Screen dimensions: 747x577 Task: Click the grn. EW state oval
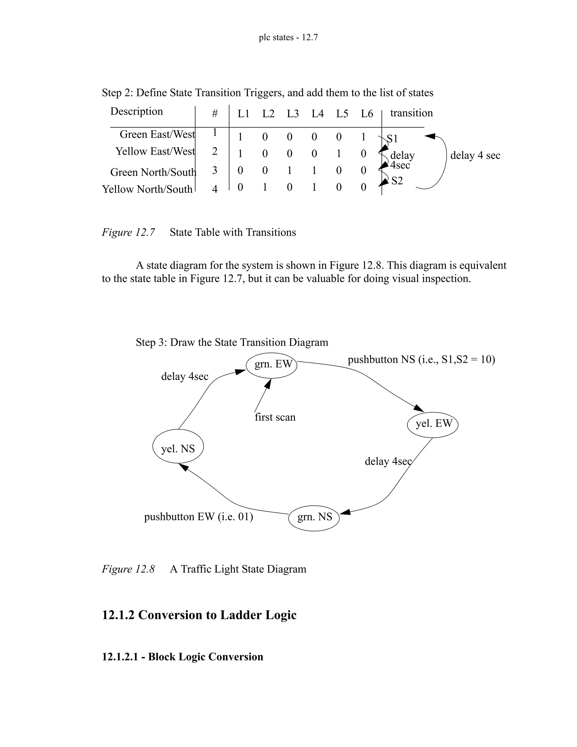272,365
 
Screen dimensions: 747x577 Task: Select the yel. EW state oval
433,425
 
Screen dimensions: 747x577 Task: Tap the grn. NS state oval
314,518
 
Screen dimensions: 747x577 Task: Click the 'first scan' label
275,417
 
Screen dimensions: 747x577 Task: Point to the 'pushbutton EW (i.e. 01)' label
199,516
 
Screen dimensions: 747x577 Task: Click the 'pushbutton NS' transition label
421,359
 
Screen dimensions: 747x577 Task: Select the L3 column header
293,114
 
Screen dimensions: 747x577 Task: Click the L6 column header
367,114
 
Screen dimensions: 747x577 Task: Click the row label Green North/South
153,172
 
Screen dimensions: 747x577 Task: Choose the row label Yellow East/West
155,151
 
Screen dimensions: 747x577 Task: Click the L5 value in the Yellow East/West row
339,154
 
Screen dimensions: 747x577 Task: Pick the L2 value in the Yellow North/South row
265,187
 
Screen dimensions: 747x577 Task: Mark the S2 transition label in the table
397,181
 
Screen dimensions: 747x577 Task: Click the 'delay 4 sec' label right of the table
475,156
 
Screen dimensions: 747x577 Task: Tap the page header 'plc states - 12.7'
288,37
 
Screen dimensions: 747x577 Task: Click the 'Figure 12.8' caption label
128,569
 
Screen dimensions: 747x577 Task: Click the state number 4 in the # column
215,189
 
